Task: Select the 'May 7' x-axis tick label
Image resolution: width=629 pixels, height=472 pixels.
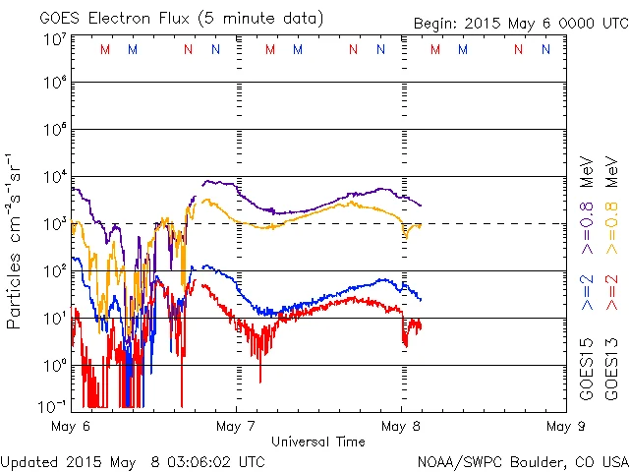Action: pyautogui.click(x=236, y=427)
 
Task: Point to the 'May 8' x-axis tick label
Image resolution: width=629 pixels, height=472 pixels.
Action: pyautogui.click(x=401, y=427)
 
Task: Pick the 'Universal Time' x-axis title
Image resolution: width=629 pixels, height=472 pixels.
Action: pyautogui.click(x=318, y=442)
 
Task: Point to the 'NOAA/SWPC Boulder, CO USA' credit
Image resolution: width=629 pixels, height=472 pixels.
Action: pyautogui.click(x=521, y=461)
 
